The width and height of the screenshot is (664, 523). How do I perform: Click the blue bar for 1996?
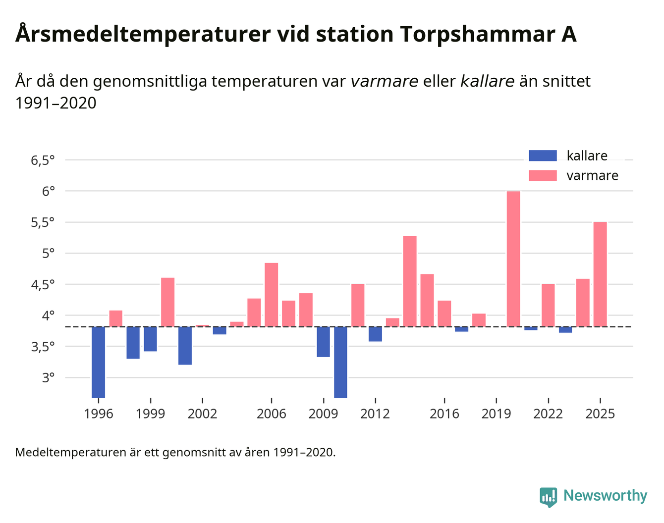(x=99, y=362)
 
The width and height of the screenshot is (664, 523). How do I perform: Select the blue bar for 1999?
(x=150, y=339)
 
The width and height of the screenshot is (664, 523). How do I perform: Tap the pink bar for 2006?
(x=271, y=295)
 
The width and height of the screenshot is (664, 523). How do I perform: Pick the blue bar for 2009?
(x=323, y=342)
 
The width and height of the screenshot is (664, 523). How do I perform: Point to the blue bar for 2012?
(x=375, y=334)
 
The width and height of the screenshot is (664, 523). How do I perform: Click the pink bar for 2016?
(x=444, y=314)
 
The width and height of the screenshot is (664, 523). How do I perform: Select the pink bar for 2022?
(x=548, y=305)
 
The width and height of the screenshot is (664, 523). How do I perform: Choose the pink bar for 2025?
(x=600, y=274)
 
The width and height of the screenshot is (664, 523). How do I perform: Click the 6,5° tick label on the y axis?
(x=43, y=160)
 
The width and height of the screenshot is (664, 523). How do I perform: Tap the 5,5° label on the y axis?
(x=43, y=222)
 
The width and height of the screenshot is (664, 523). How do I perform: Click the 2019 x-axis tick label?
(x=496, y=414)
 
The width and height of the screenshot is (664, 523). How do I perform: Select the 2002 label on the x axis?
(x=202, y=414)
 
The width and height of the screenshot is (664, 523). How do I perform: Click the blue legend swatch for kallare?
(x=543, y=156)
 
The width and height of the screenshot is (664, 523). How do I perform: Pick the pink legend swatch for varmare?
(x=543, y=175)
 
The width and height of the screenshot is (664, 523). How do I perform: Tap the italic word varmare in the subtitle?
(x=384, y=81)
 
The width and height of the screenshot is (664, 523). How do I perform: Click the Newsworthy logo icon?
(x=548, y=497)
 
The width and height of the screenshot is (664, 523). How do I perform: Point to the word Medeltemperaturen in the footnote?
(x=71, y=452)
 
